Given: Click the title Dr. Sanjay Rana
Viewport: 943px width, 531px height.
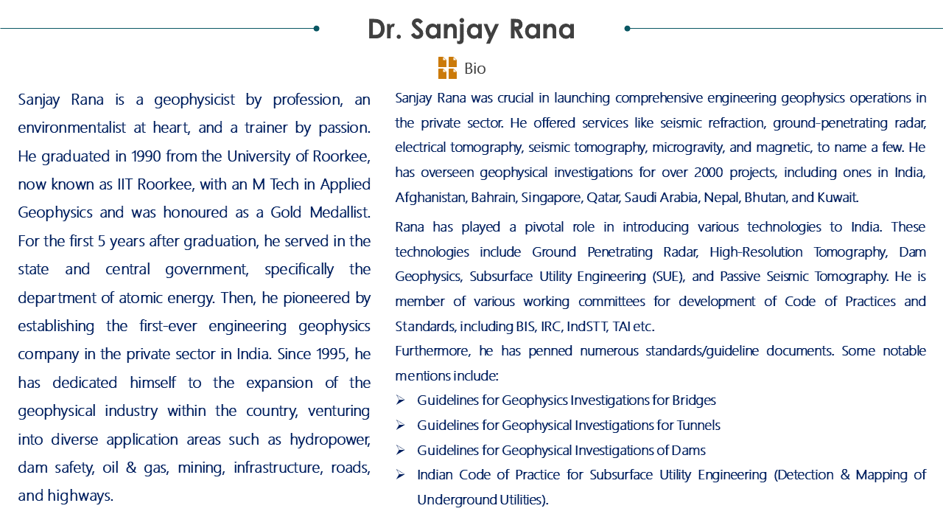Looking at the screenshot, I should (x=471, y=29).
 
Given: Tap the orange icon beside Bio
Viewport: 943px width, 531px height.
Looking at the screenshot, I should (x=447, y=68).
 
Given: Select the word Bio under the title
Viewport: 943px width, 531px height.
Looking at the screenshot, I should (x=475, y=69).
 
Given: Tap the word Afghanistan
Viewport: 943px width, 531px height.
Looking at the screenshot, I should (x=430, y=198).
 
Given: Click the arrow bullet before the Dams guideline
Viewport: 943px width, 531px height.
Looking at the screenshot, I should (x=400, y=451).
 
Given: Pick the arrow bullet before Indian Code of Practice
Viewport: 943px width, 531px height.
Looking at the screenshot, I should (x=400, y=475).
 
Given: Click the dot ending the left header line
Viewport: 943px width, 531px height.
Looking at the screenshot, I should (x=316, y=29).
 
